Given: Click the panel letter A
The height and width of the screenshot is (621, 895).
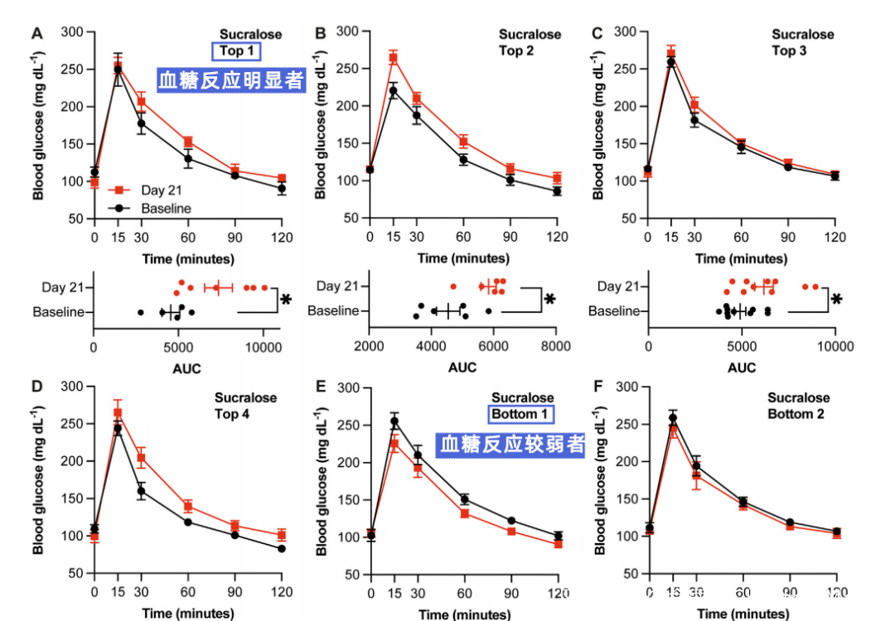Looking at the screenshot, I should [36, 33].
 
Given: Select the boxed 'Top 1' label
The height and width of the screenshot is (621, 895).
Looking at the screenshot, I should [237, 51].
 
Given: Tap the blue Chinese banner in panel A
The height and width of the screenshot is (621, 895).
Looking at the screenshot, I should [231, 80].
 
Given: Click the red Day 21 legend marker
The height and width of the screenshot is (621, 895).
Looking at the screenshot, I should [119, 190].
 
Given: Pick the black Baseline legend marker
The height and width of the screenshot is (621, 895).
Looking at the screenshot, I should [119, 209].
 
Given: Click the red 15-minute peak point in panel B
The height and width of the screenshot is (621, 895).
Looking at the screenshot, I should [394, 58].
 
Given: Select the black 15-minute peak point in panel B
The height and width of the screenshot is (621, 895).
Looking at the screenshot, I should [394, 91].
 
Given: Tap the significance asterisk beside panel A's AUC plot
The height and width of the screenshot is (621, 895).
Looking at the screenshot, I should [287, 299].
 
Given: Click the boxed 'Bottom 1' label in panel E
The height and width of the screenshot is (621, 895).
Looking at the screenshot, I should [521, 414].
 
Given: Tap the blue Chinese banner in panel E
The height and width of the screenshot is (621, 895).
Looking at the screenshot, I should [511, 445].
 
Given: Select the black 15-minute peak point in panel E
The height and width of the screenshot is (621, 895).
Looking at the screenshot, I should [394, 421].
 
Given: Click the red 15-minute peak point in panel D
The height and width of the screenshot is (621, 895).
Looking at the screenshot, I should [118, 412].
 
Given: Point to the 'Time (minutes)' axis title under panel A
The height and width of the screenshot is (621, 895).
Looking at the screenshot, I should [187, 258].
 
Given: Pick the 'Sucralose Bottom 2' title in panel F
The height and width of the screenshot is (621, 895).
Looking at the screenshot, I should [797, 406].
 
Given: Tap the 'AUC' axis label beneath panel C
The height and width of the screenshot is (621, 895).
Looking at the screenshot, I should [741, 368].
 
